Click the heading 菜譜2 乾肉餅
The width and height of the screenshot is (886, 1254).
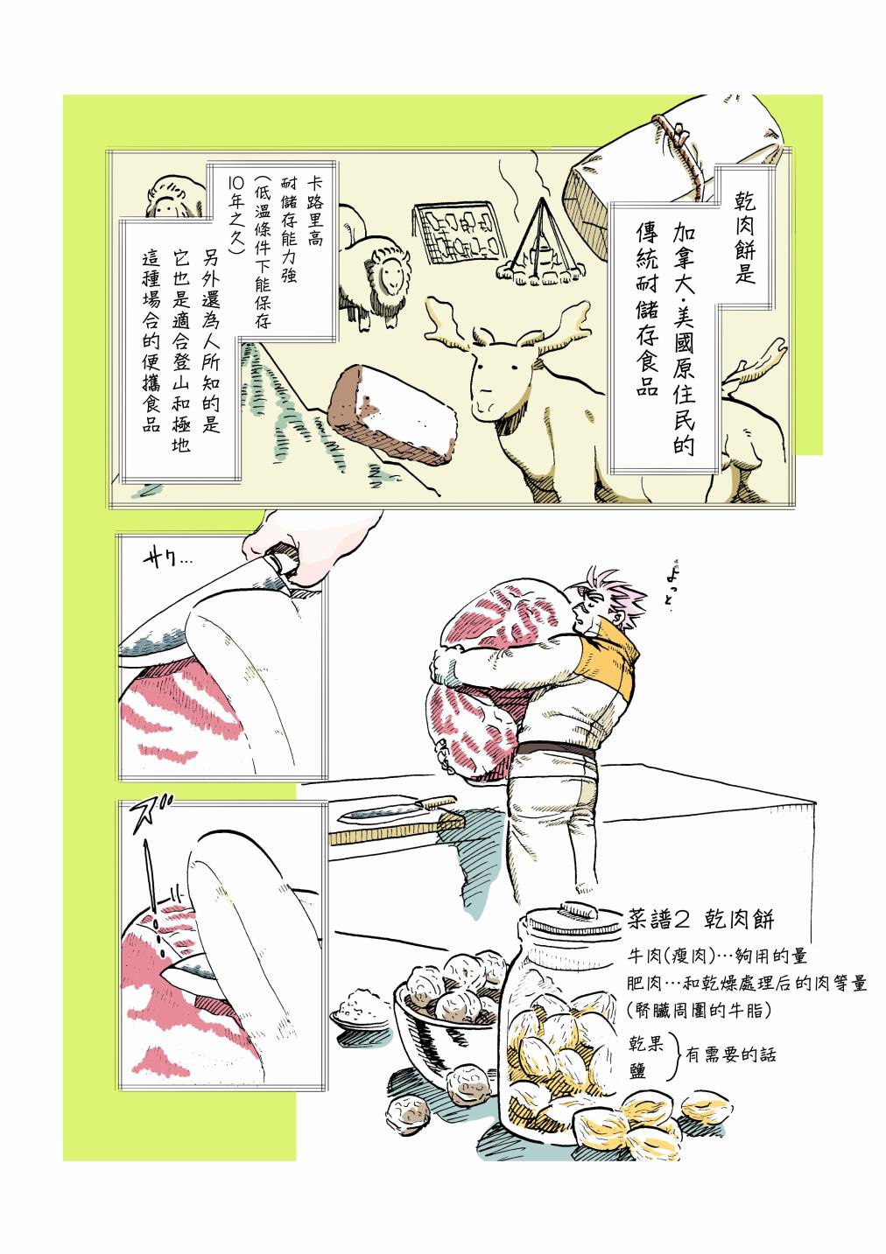pos(700,919)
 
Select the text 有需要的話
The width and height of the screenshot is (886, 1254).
pos(731,1055)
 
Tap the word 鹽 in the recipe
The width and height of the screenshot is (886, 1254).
pos(638,1070)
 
